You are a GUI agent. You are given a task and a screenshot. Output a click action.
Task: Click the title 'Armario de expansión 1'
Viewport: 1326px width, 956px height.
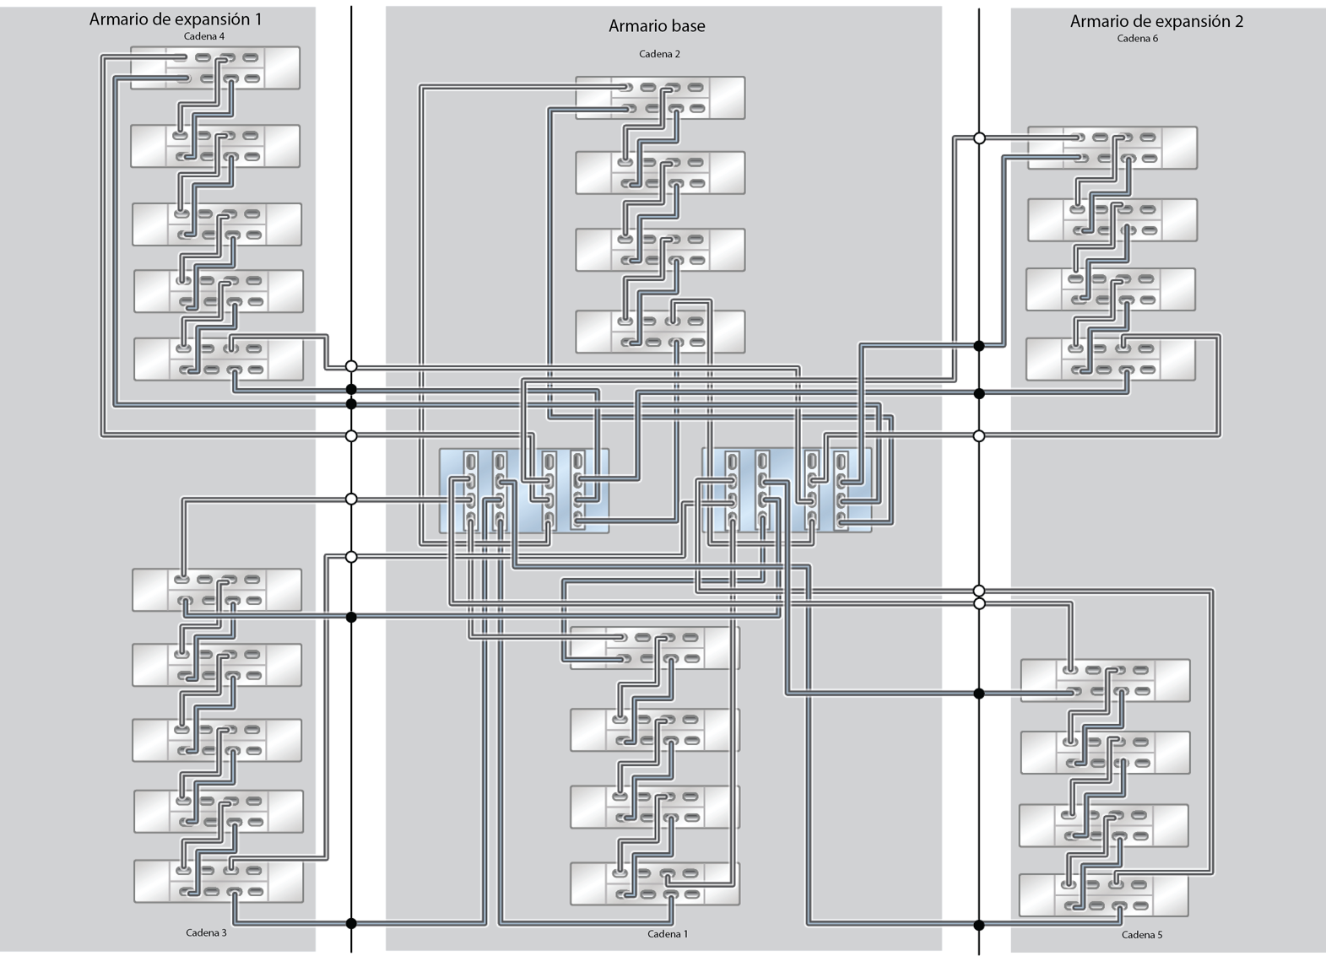(176, 19)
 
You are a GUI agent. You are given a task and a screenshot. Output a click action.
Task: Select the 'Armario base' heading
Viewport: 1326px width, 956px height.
(657, 26)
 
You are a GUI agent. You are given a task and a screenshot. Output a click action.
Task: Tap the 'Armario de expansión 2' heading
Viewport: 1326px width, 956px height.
(1156, 21)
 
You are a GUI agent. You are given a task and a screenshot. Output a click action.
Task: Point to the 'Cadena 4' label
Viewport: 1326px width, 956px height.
(203, 36)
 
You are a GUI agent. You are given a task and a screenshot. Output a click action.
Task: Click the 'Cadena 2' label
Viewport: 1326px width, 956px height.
(659, 54)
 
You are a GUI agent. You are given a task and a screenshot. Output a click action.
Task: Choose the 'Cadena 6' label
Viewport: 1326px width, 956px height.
(1137, 39)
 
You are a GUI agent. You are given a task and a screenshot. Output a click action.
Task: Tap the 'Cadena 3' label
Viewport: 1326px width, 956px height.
(206, 932)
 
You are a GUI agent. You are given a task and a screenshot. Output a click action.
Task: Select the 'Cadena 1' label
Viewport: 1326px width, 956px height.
(668, 933)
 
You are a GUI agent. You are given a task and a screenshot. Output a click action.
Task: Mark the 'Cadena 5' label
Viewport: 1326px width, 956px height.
(1142, 935)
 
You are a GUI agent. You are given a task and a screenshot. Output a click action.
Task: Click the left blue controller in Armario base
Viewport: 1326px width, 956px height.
(524, 491)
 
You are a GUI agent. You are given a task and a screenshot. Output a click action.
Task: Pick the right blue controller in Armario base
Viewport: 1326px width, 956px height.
(787, 490)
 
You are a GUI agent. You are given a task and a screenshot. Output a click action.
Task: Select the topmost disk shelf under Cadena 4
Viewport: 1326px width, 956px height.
(215, 68)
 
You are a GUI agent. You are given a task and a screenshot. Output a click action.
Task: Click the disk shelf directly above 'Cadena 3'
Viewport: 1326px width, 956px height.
(219, 881)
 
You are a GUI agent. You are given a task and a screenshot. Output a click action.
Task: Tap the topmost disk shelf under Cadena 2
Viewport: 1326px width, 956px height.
(660, 98)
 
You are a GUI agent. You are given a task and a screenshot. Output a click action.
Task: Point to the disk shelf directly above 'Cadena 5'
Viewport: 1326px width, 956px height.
(1103, 895)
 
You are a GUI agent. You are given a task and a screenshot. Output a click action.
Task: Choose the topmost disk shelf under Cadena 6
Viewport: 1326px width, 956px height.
(1112, 148)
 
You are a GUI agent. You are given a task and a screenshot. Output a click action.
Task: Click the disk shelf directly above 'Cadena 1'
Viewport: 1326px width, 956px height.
(655, 883)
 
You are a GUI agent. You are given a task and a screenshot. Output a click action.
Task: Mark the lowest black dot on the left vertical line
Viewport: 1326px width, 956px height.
(351, 923)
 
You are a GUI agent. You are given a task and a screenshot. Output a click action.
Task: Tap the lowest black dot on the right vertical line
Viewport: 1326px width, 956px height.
(979, 925)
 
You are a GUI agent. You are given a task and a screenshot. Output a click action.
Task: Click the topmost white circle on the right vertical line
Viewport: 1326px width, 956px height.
(979, 138)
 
